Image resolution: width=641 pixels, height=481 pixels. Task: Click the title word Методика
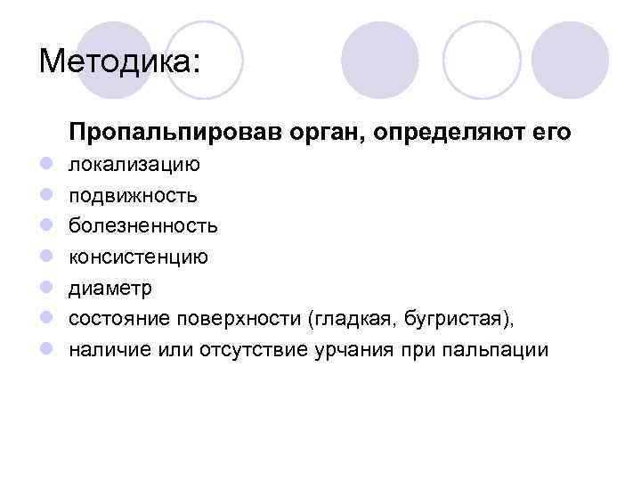point(119,61)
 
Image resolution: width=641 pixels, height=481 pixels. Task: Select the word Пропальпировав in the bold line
point(174,134)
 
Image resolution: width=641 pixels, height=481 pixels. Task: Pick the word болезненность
point(143,225)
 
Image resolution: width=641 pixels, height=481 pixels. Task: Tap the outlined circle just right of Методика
point(205,59)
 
